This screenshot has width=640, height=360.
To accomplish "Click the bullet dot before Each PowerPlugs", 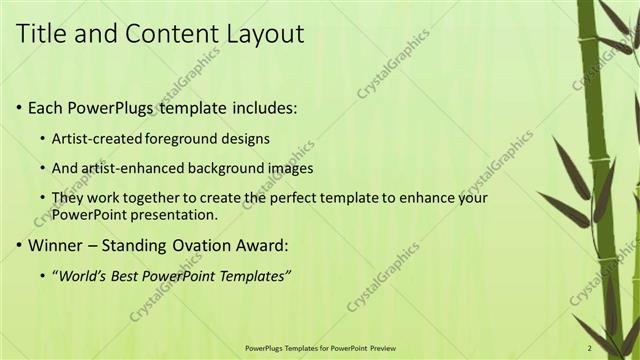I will coord(20,107).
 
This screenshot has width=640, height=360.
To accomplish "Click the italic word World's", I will coord(83,275).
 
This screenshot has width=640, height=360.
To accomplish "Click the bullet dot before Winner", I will coord(20,244).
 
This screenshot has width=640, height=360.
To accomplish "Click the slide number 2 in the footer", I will coord(590,348).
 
